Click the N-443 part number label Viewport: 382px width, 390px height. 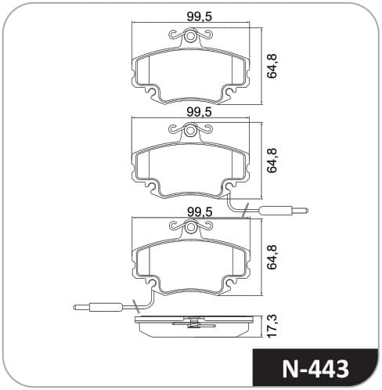(x=315, y=369)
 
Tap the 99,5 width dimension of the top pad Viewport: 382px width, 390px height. (x=200, y=16)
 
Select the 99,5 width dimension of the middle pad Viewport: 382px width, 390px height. (x=200, y=113)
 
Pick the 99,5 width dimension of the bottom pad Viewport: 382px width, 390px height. (x=200, y=212)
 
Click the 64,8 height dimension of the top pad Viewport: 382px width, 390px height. (x=272, y=66)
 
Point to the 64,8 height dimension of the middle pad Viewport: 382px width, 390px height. (x=272, y=161)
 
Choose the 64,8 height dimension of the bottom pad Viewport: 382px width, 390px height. (x=272, y=257)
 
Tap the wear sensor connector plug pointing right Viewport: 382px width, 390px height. (x=284, y=210)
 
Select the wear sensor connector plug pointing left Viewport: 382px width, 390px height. (x=98, y=307)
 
